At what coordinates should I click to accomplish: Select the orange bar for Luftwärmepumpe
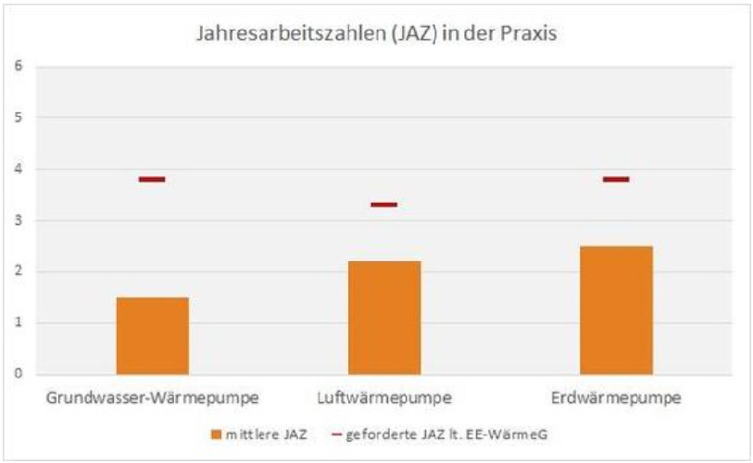(383, 318)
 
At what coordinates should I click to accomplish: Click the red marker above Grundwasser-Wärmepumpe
(152, 179)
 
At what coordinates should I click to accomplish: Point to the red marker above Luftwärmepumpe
(383, 205)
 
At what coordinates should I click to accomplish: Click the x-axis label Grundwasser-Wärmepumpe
(152, 399)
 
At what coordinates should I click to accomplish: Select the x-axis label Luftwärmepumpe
(383, 399)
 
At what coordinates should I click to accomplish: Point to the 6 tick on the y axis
(18, 66)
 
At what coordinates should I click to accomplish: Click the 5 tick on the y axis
(18, 118)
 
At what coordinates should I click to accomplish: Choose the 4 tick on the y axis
(18, 169)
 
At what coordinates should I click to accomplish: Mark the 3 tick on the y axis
(18, 220)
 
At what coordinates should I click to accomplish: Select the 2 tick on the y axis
(18, 271)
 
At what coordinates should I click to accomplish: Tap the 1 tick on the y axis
(18, 323)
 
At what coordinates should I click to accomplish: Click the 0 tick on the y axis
(18, 374)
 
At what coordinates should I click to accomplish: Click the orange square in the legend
(216, 433)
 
